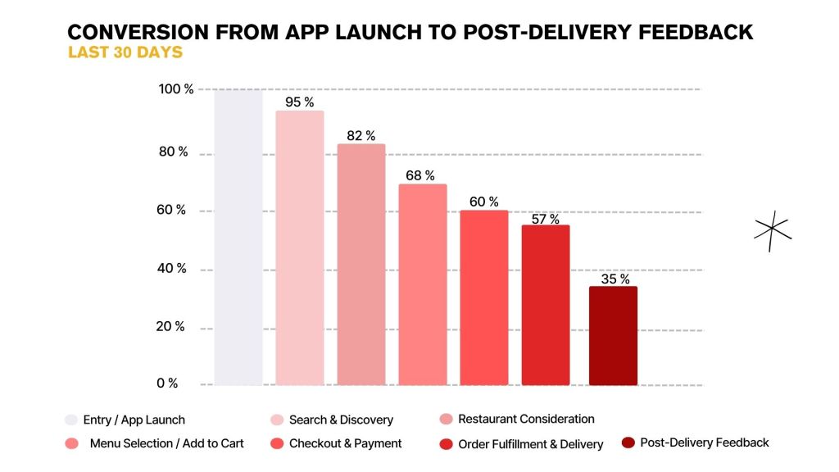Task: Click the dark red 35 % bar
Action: click(613, 336)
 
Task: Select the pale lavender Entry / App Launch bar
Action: click(238, 238)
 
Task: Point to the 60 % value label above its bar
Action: click(485, 202)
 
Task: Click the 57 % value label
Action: click(545, 219)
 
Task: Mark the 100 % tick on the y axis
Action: click(176, 89)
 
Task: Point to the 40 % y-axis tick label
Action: click(171, 268)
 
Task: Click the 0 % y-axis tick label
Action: click(168, 383)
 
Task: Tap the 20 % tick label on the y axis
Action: click(170, 326)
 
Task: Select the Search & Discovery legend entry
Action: click(341, 420)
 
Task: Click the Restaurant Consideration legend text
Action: click(526, 419)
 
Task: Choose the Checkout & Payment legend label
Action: click(345, 443)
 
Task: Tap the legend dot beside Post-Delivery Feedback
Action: click(628, 443)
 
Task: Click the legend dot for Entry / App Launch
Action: click(71, 420)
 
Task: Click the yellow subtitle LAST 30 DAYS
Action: click(125, 52)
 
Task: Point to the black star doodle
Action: click(772, 230)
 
